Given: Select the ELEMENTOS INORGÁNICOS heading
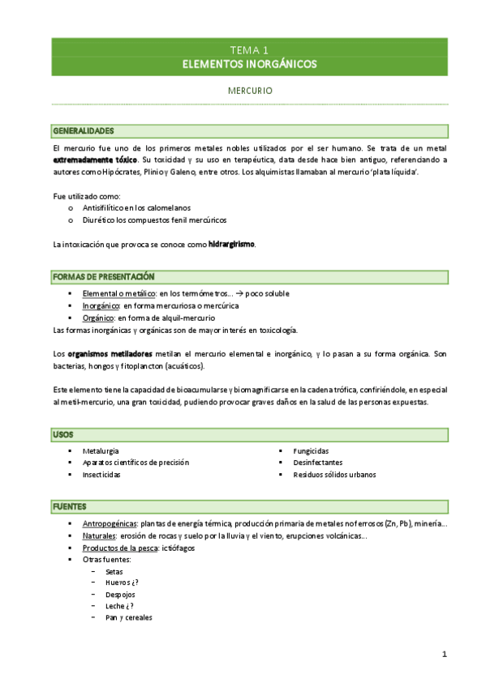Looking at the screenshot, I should pos(249,64).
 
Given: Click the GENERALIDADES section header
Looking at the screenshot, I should pos(84,131).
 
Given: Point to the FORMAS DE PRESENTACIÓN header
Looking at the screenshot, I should pos(103,277).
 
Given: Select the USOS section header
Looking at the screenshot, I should pos(63,435).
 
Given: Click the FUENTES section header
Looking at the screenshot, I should pos(70,506).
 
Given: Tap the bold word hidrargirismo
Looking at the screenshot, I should pos(231,244).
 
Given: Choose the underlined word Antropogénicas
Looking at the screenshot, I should pos(110,523).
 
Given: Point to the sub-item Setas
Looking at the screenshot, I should pos(114,571).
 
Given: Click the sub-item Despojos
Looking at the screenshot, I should pos(120,594).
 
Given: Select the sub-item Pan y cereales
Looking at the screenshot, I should pos(128,617).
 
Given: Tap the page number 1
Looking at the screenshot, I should pos(445,654).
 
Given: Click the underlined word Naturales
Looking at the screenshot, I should pos(100,536).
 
